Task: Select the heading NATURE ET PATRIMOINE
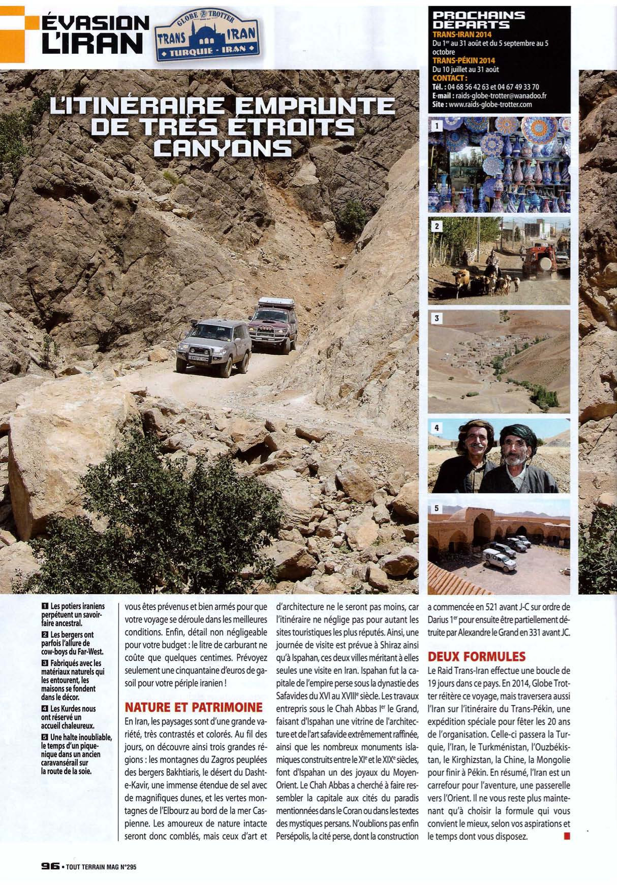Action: tap(193, 707)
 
